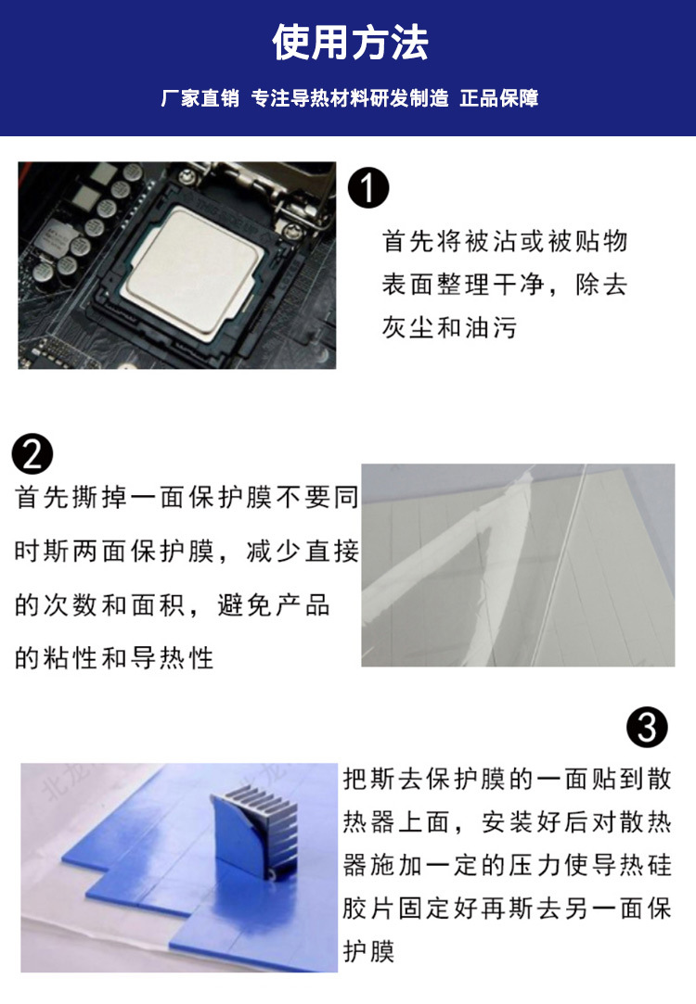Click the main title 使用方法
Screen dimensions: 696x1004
[350, 43]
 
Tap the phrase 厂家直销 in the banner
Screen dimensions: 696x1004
[200, 98]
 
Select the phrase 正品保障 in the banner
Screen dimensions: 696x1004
[499, 98]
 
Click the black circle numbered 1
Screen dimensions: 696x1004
[368, 187]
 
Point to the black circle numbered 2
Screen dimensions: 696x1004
[32, 453]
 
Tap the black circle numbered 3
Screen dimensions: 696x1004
[648, 727]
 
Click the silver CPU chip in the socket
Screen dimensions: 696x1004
[192, 269]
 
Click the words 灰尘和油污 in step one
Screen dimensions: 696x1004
[449, 327]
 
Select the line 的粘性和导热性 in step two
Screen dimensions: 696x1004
[114, 658]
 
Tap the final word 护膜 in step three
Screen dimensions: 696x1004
[368, 951]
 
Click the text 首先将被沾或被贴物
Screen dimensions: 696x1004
[505, 241]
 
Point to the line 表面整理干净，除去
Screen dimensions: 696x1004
[505, 285]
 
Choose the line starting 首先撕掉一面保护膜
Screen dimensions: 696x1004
[187, 497]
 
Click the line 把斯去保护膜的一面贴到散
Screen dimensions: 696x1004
[507, 780]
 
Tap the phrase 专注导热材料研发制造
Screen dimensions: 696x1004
[350, 98]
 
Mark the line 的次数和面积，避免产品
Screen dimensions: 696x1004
[173, 605]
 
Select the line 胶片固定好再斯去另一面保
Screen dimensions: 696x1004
[507, 909]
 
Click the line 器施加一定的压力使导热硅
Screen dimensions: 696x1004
[507, 865]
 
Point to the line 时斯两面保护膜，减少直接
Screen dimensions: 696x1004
[187, 552]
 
